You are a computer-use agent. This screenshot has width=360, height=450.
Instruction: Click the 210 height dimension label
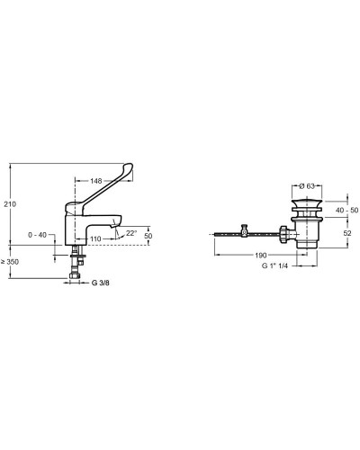(10, 204)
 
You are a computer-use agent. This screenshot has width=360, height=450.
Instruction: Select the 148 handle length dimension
(96, 181)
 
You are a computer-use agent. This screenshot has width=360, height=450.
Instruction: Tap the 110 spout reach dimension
(95, 239)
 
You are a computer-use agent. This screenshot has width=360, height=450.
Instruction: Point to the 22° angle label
(131, 233)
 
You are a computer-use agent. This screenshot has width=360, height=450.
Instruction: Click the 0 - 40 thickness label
(38, 235)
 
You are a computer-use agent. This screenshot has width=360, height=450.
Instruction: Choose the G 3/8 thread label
(101, 283)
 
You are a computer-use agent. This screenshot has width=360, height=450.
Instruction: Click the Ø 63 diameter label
(307, 186)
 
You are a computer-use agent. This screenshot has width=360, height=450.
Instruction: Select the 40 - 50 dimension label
(347, 211)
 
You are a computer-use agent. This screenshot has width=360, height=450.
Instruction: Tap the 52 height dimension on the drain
(347, 233)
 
